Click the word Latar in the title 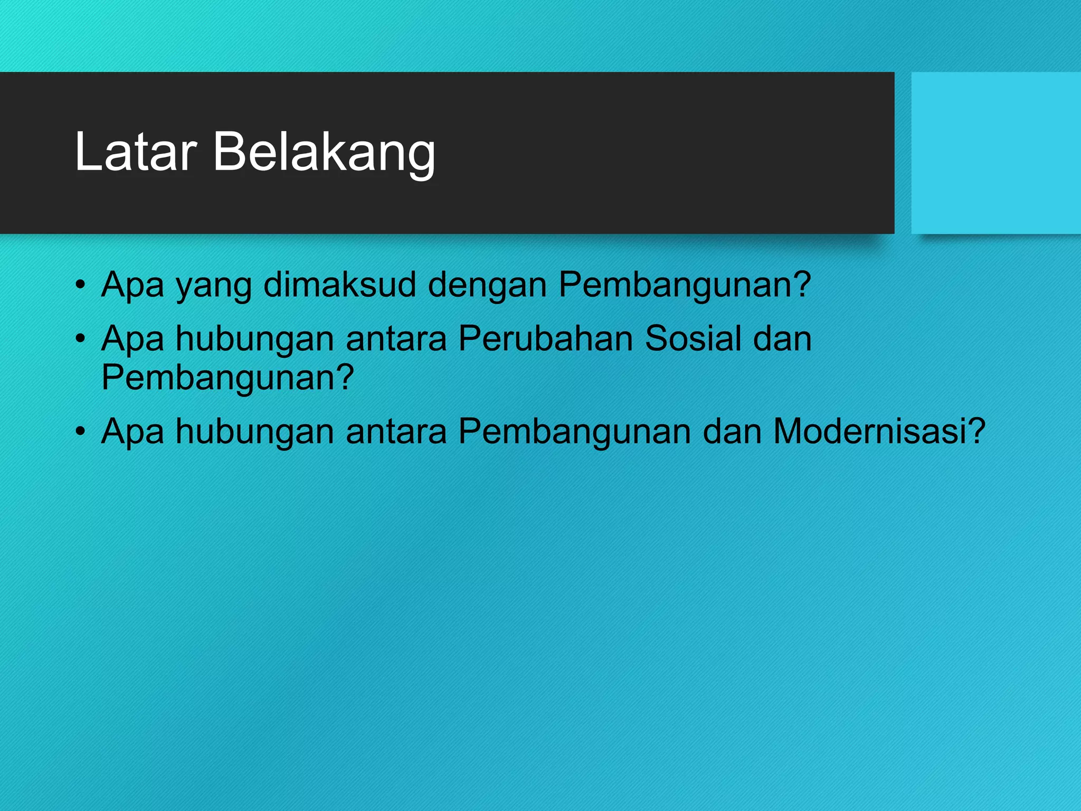click(136, 152)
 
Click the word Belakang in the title click(324, 153)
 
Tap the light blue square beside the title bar click(996, 153)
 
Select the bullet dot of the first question click(80, 285)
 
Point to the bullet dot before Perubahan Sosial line click(80, 338)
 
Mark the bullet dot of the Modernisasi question click(80, 431)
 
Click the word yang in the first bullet click(213, 287)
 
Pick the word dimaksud click(339, 285)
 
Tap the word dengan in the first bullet click(487, 287)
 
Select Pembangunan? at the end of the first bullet click(684, 286)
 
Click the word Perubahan click(545, 338)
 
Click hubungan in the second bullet click(254, 340)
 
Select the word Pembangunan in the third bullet click(574, 432)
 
